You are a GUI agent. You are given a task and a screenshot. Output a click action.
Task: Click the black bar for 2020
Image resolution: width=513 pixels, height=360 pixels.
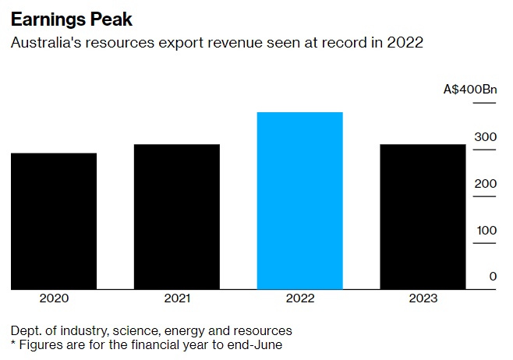pyautogui.click(x=54, y=221)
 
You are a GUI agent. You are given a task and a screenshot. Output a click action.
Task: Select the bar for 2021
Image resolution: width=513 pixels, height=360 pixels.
pyautogui.click(x=176, y=217)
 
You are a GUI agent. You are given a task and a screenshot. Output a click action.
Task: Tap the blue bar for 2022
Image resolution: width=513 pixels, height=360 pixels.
pyautogui.click(x=299, y=200)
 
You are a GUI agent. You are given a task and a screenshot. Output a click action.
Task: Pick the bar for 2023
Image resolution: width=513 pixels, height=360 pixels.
pyautogui.click(x=422, y=217)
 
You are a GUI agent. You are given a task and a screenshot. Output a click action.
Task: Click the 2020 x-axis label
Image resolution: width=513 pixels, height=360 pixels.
pyautogui.click(x=54, y=298)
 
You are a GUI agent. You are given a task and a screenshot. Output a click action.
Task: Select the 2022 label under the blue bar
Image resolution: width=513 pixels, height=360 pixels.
pyautogui.click(x=299, y=298)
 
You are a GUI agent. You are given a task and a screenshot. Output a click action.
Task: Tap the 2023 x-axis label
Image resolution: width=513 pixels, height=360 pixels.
pyautogui.click(x=422, y=298)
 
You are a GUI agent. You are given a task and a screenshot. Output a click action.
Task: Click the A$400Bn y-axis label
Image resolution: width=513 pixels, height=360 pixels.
pyautogui.click(x=469, y=90)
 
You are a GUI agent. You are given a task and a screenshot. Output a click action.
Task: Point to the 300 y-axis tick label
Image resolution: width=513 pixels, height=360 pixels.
pyautogui.click(x=486, y=137)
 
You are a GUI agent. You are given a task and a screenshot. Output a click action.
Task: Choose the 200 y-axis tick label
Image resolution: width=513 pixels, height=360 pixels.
pyautogui.click(x=486, y=184)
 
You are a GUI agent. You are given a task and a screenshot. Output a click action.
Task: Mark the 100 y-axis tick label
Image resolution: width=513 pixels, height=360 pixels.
pyautogui.click(x=486, y=231)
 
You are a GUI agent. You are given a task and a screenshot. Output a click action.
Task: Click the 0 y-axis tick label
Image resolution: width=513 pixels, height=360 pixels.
pyautogui.click(x=493, y=277)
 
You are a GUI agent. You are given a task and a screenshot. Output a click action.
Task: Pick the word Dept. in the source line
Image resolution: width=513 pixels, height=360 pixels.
pyautogui.click(x=25, y=330)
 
